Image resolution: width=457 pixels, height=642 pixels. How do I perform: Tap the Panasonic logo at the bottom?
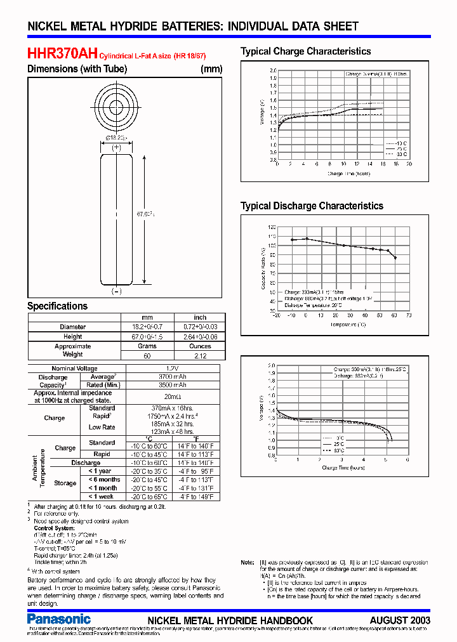pyautogui.click(x=59, y=619)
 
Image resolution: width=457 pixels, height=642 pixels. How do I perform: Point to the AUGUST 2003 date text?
pyautogui.click(x=400, y=620)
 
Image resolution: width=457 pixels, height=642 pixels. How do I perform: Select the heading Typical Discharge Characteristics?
pyautogui.click(x=312, y=206)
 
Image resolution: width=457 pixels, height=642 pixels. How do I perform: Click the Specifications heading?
pyautogui.click(x=57, y=306)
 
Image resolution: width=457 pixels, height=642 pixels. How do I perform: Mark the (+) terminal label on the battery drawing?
pyautogui.click(x=116, y=148)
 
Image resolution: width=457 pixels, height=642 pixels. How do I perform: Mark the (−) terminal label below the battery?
pyautogui.click(x=116, y=291)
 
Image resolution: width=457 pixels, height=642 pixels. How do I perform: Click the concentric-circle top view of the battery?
pyautogui.click(x=116, y=106)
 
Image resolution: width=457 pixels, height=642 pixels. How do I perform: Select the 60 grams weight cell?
pyautogui.click(x=147, y=356)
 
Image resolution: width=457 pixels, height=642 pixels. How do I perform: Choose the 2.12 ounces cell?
pyautogui.click(x=200, y=356)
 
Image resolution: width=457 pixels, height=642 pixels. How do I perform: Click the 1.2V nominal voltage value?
pyautogui.click(x=171, y=369)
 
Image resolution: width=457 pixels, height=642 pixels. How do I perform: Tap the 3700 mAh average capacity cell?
pyautogui.click(x=171, y=377)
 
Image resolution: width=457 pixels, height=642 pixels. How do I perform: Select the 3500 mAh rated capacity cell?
pyautogui.click(x=171, y=384)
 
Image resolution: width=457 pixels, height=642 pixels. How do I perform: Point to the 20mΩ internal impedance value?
pyautogui.click(x=171, y=396)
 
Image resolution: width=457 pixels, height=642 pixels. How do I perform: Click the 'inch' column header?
pyautogui.click(x=200, y=317)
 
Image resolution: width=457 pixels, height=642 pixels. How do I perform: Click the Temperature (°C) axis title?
pyautogui.click(x=348, y=324)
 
